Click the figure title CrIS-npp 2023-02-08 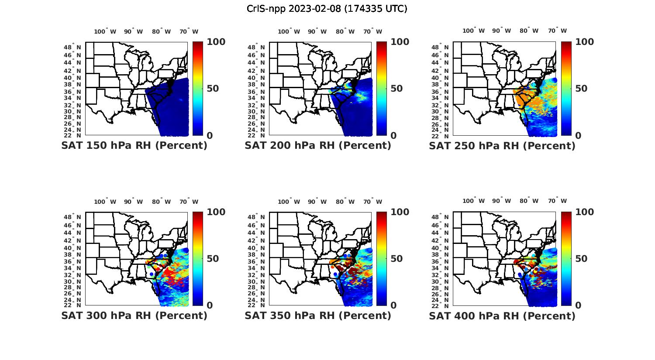[327, 9]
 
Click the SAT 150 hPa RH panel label [134, 146]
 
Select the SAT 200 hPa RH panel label [318, 146]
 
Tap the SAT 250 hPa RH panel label [502, 146]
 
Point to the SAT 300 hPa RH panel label [134, 315]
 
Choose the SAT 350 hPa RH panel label [318, 315]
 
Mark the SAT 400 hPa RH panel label [502, 315]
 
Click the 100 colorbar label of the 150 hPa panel [216, 42]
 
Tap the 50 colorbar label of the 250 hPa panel [581, 89]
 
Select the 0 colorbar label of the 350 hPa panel [393, 305]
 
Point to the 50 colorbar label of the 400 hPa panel [581, 259]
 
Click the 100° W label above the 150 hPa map [105, 31]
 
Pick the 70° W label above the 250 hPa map [557, 31]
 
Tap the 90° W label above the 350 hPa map [317, 202]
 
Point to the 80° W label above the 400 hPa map [529, 201]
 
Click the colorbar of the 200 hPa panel [382, 89]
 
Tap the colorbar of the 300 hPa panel [198, 259]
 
